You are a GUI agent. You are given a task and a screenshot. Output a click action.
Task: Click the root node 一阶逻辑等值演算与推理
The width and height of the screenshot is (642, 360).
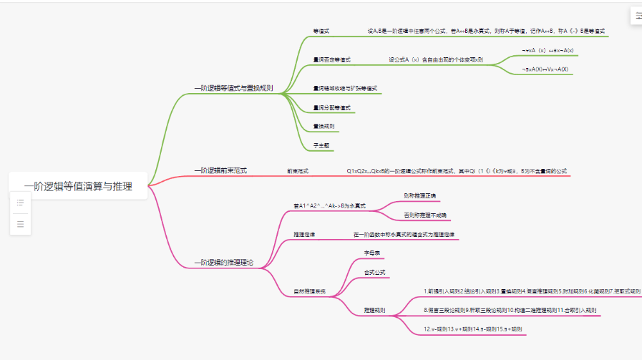tap(78, 186)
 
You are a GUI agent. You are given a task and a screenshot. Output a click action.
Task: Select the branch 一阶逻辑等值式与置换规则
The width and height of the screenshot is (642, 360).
tap(233, 88)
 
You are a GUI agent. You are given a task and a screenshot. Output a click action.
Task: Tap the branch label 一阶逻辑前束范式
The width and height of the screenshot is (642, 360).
tap(220, 171)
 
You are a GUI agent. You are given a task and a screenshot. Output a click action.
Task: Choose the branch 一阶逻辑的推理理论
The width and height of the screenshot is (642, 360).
tap(224, 263)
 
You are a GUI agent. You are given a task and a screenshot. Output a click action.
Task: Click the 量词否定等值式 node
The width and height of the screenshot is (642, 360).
tap(332, 60)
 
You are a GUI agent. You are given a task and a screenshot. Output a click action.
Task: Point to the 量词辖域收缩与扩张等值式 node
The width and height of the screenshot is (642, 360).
tap(345, 89)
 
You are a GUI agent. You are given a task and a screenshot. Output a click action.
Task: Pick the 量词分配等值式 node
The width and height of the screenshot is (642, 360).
tap(332, 108)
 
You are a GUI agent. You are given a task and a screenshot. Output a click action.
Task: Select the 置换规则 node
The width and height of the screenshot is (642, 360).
tap(324, 127)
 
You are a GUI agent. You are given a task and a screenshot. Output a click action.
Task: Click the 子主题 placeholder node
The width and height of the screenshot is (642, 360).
tap(321, 145)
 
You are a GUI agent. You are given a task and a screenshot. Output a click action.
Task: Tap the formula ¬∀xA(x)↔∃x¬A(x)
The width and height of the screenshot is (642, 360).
tap(548, 51)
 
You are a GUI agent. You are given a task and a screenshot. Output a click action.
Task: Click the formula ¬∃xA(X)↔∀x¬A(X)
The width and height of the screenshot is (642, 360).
tap(545, 69)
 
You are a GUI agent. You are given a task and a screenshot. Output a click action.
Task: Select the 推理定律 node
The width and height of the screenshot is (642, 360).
tap(304, 235)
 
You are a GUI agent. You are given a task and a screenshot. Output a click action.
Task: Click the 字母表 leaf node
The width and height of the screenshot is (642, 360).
tap(371, 253)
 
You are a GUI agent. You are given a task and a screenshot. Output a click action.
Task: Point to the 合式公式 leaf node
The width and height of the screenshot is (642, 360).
tap(374, 273)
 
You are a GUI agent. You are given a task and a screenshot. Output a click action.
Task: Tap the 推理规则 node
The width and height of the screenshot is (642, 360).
tap(374, 311)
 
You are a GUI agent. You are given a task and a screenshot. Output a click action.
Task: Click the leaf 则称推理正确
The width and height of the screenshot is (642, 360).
tap(419, 196)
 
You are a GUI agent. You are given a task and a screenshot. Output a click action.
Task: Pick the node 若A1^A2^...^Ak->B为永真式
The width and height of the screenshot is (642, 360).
tap(330, 205)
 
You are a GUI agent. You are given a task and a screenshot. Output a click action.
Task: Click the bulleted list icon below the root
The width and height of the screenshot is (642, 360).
tap(20, 203)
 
